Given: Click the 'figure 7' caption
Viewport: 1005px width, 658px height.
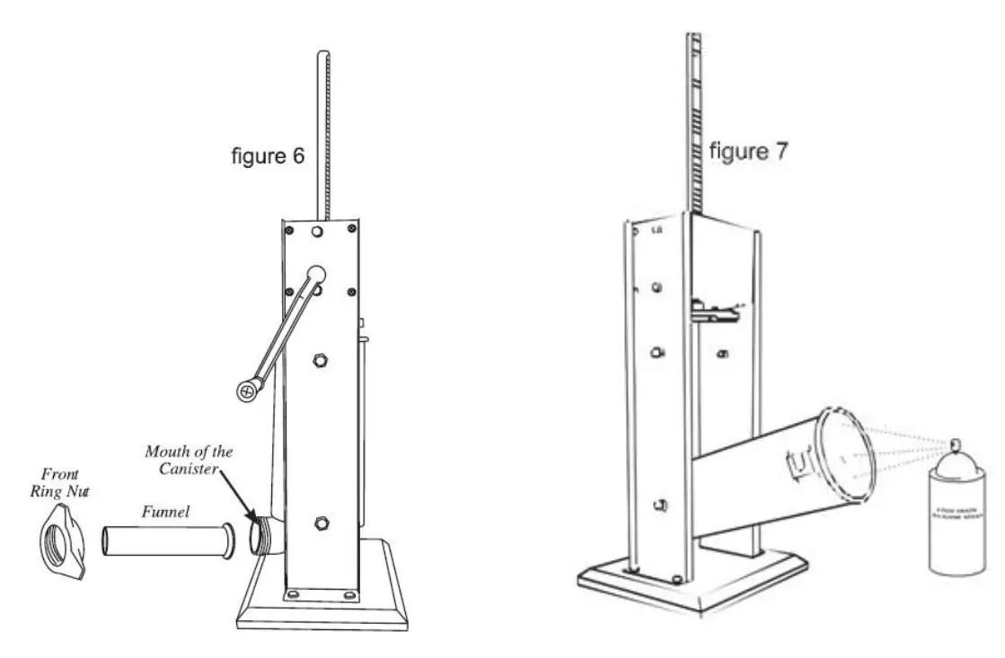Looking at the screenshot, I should click(x=749, y=151).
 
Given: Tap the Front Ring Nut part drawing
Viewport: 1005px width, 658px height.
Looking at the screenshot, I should click(x=66, y=542).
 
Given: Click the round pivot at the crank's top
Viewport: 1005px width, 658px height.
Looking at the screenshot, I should click(x=316, y=273).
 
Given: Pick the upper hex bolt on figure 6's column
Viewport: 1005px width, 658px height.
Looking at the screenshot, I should click(x=320, y=361).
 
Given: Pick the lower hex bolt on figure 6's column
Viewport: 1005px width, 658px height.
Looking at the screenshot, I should click(x=321, y=522).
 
